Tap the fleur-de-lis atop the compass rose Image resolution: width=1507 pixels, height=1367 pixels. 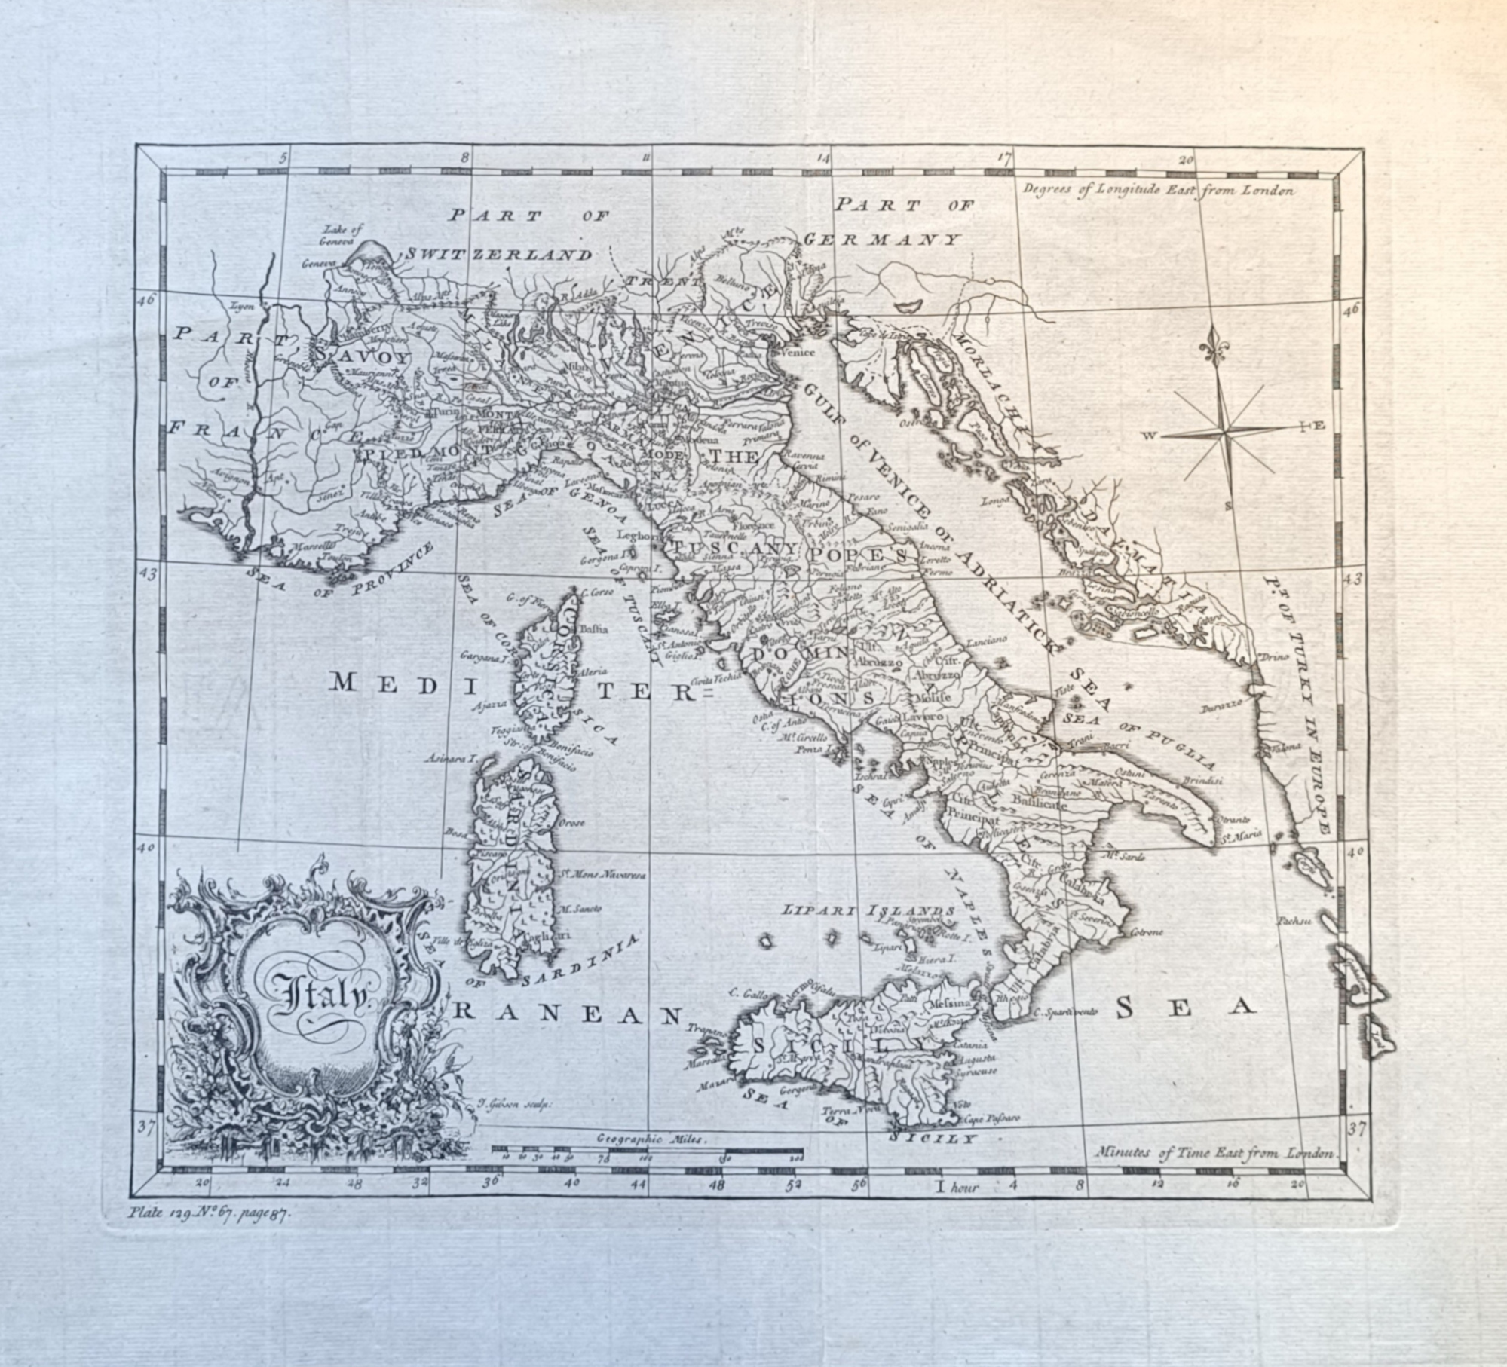pos(1216,347)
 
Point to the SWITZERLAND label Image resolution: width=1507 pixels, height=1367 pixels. pos(498,255)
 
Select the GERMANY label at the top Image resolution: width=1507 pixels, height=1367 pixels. pos(882,240)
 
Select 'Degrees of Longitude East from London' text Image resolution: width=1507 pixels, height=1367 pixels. pos(1159,190)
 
